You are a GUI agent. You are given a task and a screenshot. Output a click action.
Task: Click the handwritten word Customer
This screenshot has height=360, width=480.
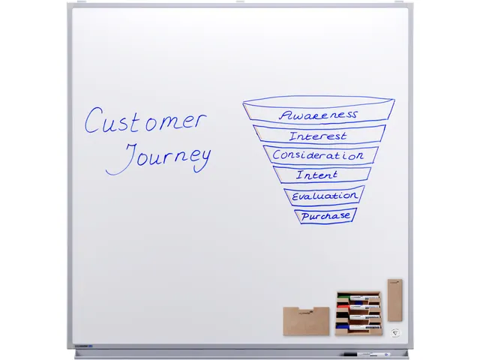[144, 121]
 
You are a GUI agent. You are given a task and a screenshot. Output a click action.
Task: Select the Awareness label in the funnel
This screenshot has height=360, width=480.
[318, 115]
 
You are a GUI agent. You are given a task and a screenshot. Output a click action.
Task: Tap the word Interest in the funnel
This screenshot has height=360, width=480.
[318, 136]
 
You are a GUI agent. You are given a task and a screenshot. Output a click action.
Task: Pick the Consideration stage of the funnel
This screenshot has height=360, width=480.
[318, 155]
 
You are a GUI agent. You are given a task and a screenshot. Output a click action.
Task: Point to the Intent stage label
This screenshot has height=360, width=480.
[317, 175]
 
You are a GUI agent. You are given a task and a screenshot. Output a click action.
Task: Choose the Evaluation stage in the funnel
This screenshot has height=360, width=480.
[324, 196]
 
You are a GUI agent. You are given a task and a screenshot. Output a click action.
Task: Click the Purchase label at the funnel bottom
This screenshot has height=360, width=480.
[325, 215]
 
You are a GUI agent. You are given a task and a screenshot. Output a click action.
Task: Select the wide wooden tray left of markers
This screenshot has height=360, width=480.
[306, 321]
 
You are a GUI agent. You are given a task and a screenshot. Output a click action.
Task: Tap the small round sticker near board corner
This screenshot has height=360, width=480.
[395, 333]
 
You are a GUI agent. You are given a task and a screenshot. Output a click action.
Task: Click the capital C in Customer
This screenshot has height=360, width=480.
[93, 121]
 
